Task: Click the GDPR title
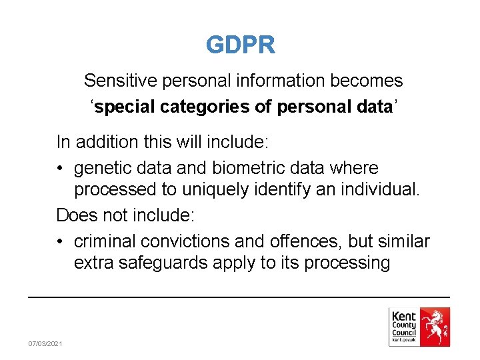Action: [240, 45]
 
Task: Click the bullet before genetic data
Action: [61, 169]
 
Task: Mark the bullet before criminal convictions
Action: [61, 241]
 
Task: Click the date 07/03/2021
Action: [45, 343]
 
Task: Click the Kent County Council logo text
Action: [404, 325]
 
